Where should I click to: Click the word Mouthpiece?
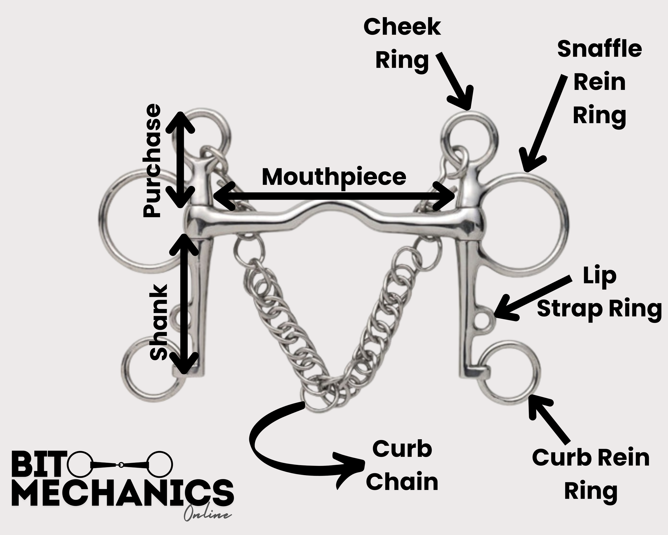[334, 177]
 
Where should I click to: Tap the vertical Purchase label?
[152, 161]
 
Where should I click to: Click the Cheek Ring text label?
[402, 43]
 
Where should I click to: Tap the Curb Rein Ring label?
[591, 475]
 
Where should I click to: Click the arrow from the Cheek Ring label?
[456, 81]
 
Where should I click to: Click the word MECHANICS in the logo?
[122, 493]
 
